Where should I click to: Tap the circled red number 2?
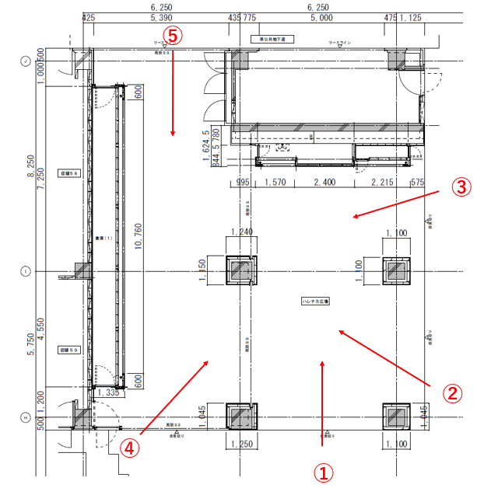454,392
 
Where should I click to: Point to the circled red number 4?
130,448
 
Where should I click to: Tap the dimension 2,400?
324,183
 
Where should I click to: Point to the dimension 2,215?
383,183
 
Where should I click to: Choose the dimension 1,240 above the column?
242,232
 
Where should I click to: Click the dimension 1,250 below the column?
242,444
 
